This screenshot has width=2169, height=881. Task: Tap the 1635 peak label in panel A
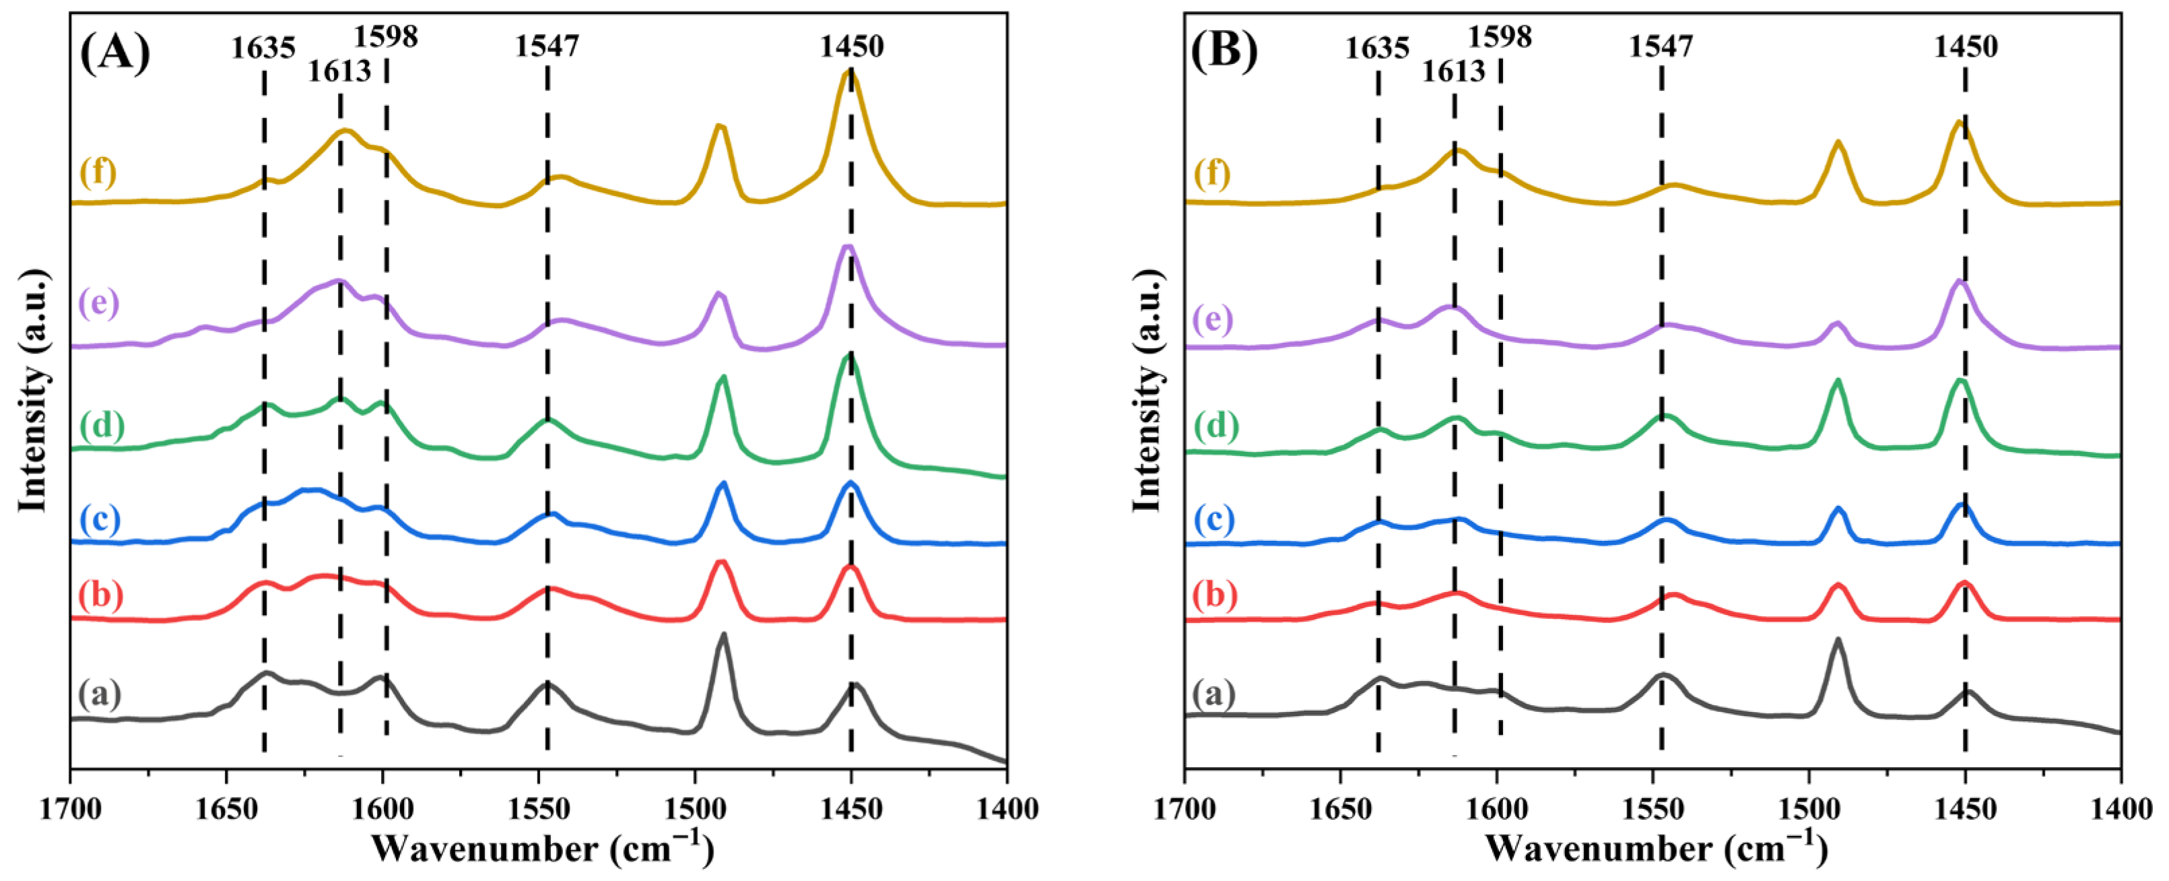pyautogui.click(x=263, y=49)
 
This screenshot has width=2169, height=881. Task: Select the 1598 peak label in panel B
pyautogui.click(x=1500, y=36)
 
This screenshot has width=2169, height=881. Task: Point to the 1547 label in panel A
pyautogui.click(x=547, y=47)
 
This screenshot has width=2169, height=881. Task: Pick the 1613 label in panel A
pyautogui.click(x=339, y=71)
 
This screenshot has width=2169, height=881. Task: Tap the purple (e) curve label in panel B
pyautogui.click(x=1213, y=320)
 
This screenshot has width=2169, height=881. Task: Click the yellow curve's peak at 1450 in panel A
pyautogui.click(x=848, y=73)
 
